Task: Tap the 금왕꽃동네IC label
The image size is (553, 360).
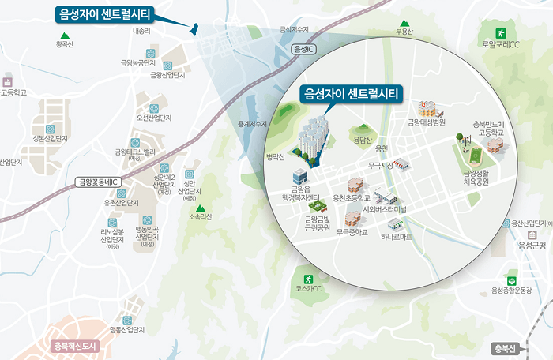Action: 99,182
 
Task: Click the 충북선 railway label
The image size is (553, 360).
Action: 503,348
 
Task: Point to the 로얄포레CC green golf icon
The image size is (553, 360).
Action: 500,32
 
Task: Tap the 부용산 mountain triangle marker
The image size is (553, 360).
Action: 404,23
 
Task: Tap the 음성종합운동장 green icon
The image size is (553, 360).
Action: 511,279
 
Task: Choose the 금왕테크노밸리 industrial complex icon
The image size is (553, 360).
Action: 135,143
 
